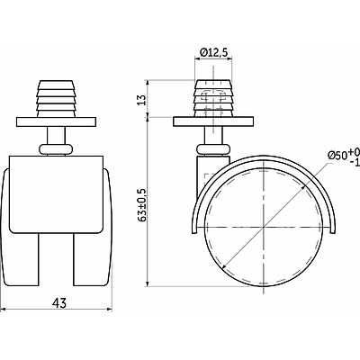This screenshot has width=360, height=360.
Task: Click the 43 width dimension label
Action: click(x=59, y=303)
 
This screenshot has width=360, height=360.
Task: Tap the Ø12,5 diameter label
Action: click(x=213, y=52)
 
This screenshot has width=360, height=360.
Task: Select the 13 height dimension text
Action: click(x=142, y=100)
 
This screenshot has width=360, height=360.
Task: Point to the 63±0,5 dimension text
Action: click(x=142, y=205)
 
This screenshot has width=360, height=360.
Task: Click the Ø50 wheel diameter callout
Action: click(x=344, y=157)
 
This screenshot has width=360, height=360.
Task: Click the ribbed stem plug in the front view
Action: click(x=56, y=98)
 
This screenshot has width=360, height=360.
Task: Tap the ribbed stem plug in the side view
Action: click(x=213, y=98)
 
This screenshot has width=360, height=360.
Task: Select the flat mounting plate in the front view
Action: click(x=56, y=121)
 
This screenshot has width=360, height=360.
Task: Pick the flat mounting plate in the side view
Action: click(x=213, y=121)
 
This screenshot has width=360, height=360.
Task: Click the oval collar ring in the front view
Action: click(x=56, y=149)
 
